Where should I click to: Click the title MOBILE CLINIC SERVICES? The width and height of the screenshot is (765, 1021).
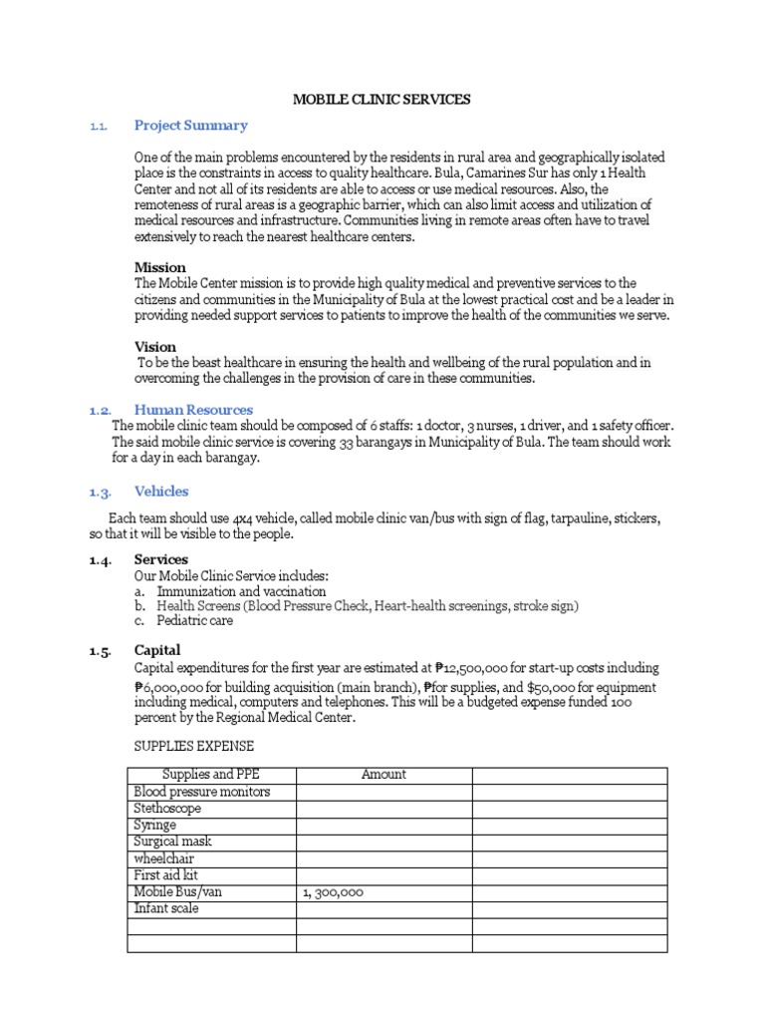(x=382, y=100)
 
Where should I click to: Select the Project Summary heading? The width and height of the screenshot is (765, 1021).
(x=190, y=126)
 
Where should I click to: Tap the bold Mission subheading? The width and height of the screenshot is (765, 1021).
(x=159, y=267)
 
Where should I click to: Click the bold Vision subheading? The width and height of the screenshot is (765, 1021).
(x=155, y=347)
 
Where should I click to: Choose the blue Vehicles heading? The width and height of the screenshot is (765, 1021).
(x=160, y=492)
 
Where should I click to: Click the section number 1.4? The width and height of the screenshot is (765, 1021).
(x=102, y=560)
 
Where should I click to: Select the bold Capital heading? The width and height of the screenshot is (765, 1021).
(x=157, y=651)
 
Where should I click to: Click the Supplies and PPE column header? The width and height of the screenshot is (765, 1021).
(x=211, y=775)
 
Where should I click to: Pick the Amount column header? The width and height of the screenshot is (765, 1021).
(x=383, y=775)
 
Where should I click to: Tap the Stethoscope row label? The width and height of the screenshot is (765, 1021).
(x=167, y=809)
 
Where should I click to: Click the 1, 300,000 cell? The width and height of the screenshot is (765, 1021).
(x=333, y=892)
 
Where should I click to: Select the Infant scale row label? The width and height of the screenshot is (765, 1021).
(x=166, y=908)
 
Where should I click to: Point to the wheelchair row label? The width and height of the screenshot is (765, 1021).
(x=164, y=858)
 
